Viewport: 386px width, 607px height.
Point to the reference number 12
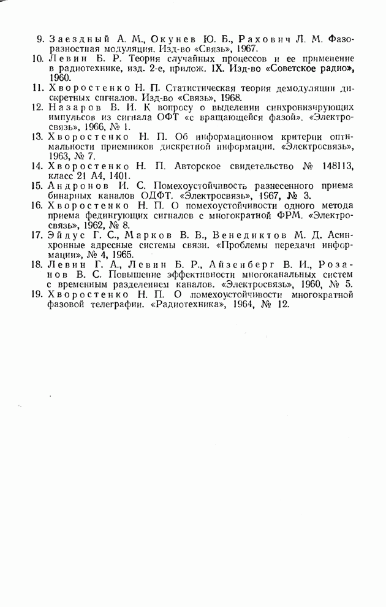tap(38, 107)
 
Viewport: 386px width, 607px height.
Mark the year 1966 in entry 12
tap(91, 126)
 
